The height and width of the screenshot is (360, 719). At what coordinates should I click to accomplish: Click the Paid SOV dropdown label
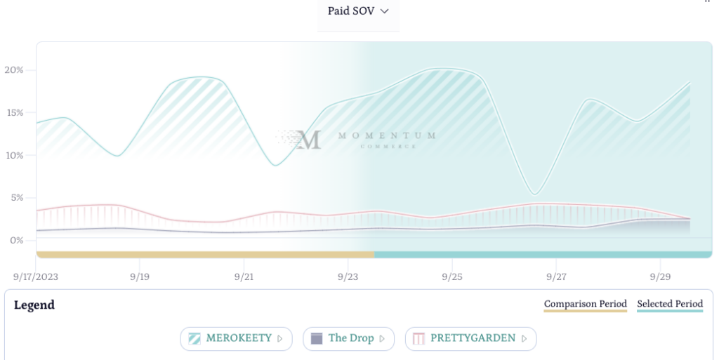[x=350, y=11]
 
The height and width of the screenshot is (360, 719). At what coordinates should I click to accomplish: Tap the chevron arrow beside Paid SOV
[x=384, y=11]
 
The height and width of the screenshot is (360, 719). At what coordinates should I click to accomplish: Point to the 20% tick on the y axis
[x=14, y=70]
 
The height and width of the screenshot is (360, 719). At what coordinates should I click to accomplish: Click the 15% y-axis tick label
[x=14, y=112]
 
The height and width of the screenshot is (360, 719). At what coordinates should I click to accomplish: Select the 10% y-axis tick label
[x=14, y=155]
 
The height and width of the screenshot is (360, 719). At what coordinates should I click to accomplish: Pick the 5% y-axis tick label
[x=16, y=198]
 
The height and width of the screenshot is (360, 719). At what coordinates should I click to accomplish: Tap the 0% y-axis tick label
[x=16, y=240]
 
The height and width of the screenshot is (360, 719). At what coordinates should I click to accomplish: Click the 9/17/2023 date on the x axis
[x=36, y=277]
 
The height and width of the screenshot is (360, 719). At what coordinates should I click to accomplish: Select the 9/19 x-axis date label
[x=140, y=277]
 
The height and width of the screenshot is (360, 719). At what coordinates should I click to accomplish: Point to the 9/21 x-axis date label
[x=244, y=277]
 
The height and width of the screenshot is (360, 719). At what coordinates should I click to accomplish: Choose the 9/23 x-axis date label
[x=348, y=277]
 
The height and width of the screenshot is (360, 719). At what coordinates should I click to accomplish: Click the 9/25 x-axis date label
[x=451, y=277]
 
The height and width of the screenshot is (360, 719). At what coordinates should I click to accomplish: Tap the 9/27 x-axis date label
[x=555, y=277]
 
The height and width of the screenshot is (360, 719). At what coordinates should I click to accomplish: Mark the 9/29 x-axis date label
[x=659, y=277]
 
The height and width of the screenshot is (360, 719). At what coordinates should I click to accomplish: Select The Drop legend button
[x=348, y=338]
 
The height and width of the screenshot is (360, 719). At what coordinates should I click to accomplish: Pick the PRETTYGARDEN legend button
[x=470, y=338]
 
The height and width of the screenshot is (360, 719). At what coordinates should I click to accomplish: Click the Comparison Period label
[x=586, y=304]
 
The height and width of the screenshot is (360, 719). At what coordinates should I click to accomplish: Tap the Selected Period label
[x=670, y=304]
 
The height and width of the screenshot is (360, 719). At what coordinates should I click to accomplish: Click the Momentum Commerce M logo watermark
[x=308, y=139]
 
